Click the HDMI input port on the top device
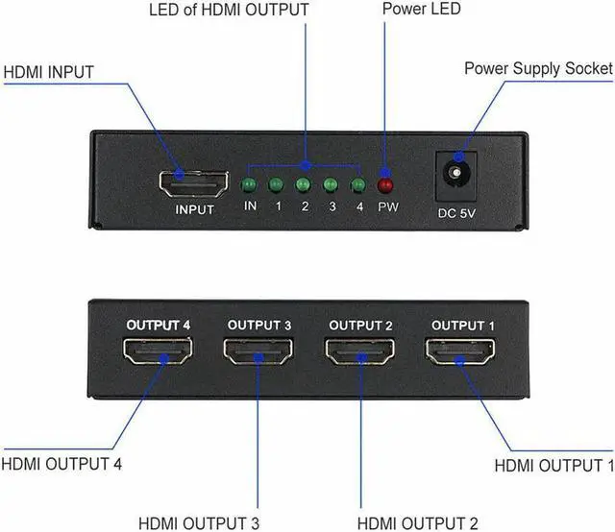(193, 181)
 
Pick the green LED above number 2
(304, 184)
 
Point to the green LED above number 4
(358, 184)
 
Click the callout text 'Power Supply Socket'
(538, 68)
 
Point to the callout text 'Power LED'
(421, 10)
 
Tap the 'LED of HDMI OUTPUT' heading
(230, 10)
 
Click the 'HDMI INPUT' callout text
(55, 72)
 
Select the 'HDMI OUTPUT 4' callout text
(61, 438)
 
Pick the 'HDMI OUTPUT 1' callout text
(553, 439)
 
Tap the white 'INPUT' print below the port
(194, 208)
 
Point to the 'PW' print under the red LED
(388, 206)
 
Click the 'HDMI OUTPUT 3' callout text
(198, 496)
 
